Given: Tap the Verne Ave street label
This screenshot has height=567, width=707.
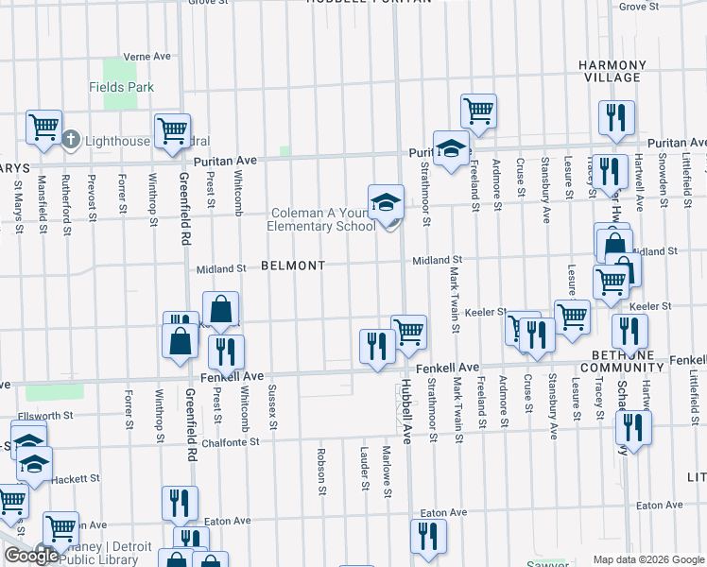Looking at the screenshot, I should pyautogui.click(x=147, y=57).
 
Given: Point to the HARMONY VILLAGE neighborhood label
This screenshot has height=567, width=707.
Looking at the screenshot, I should pyautogui.click(x=612, y=72).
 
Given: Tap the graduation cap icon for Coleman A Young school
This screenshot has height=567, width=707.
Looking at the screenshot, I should pyautogui.click(x=385, y=203).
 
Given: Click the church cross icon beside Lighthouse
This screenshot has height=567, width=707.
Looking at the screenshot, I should pyautogui.click(x=71, y=140).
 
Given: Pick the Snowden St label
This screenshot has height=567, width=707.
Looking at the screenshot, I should pyautogui.click(x=663, y=176).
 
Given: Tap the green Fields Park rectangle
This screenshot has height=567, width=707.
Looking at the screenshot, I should pyautogui.click(x=119, y=70).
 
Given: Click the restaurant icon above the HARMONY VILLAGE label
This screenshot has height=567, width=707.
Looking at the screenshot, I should pyautogui.click(x=615, y=119).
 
